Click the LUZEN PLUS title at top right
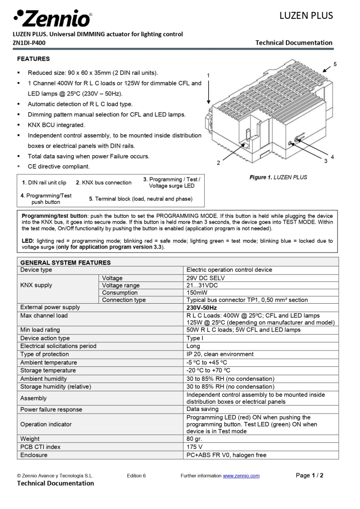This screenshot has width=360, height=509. point(306,15)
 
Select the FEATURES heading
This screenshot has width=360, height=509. point(33,59)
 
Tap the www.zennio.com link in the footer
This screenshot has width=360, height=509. point(241,476)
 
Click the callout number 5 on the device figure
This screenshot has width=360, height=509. point(335,64)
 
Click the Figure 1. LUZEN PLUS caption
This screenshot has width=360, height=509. point(278,177)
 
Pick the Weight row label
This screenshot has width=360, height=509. point(30,439)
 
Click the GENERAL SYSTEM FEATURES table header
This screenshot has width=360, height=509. point(65,262)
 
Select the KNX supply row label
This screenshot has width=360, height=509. point(36,285)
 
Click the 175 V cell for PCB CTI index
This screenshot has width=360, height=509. point(194,447)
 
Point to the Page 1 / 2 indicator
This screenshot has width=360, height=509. point(309,475)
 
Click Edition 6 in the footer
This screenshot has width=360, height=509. point(136,476)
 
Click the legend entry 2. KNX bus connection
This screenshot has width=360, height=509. point(103,182)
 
